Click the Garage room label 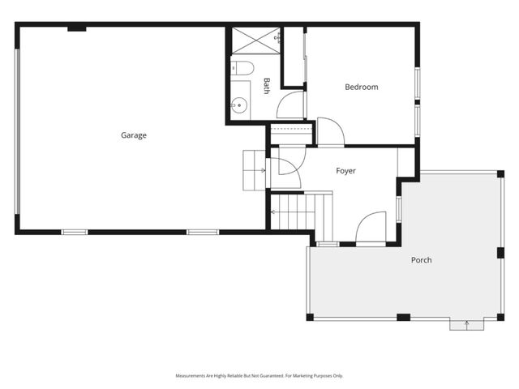(134, 135)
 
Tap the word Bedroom (361, 87)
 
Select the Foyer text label (345, 171)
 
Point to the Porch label (421, 260)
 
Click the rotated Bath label (266, 85)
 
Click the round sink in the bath (238, 104)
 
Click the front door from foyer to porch (371, 228)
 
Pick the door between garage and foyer (285, 168)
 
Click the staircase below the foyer (301, 212)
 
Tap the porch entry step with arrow (466, 324)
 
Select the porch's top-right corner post (500, 173)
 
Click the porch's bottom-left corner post (310, 317)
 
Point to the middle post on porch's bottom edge (403, 317)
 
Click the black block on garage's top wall (77, 28)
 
